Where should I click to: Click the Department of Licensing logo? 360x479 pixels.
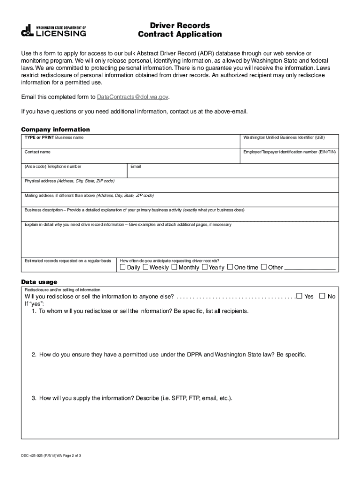click(53, 31)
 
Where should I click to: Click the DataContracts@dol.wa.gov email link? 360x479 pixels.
click(132, 97)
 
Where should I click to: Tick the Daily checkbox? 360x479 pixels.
click(123, 267)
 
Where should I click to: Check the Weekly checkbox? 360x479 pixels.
click(145, 267)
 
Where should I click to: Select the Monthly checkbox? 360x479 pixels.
click(174, 267)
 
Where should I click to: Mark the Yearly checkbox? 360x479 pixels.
click(204, 267)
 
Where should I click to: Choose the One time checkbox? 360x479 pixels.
click(230, 267)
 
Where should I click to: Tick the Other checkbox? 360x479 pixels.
click(264, 267)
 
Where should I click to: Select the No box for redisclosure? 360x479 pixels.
click(322, 296)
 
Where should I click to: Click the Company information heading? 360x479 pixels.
click(56, 129)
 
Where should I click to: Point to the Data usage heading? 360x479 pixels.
click(39, 282)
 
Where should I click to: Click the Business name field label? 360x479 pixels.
click(54, 138)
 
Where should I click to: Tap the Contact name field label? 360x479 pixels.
click(37, 152)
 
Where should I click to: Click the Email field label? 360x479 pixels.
click(136, 167)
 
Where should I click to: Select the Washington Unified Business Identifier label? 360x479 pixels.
click(284, 138)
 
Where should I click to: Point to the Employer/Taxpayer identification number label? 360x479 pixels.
click(289, 152)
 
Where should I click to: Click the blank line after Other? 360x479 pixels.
click(310, 269)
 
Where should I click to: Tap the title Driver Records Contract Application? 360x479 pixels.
click(180, 30)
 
